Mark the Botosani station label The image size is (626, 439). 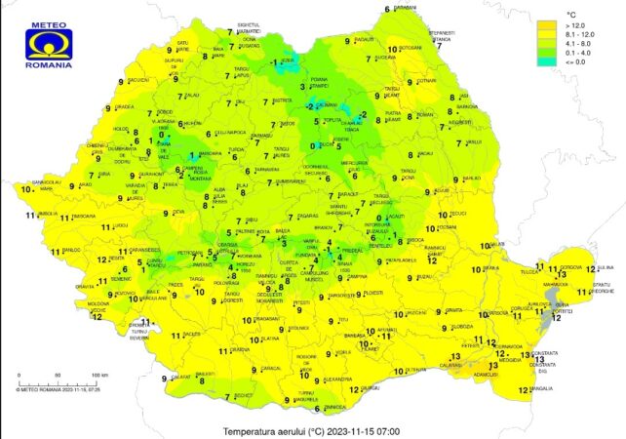(x=411, y=47)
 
